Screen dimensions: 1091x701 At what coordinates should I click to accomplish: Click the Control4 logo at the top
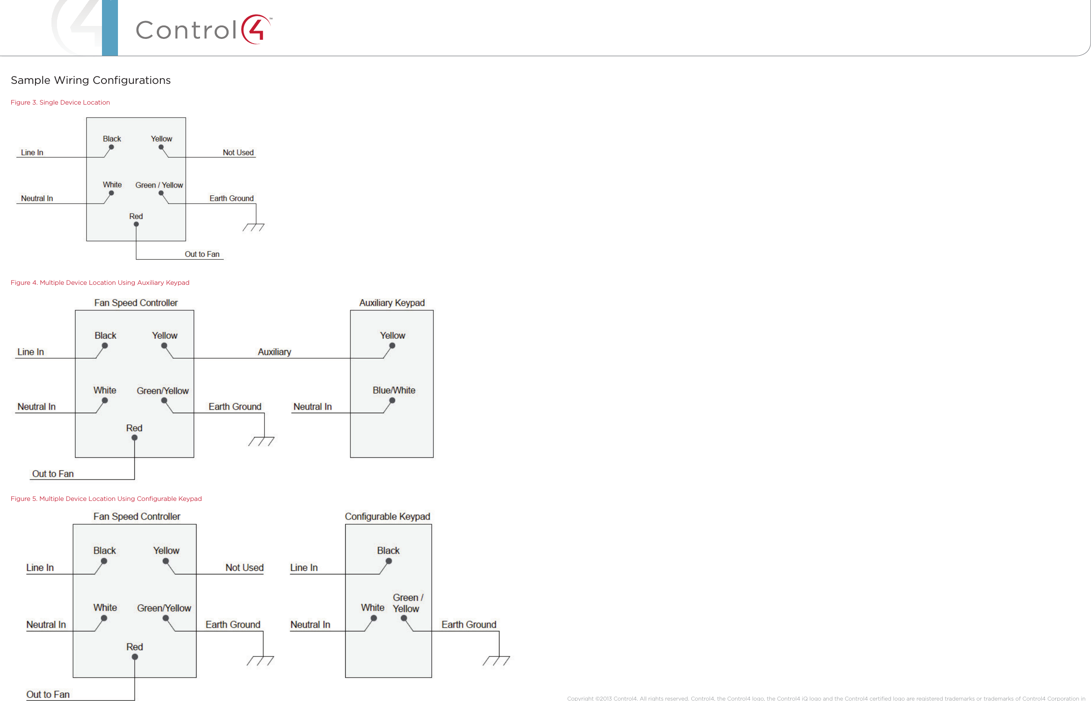click(x=203, y=29)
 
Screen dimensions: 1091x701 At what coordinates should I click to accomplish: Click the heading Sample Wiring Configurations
click(x=91, y=80)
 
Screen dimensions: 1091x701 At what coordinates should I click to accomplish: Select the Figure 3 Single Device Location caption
click(x=60, y=102)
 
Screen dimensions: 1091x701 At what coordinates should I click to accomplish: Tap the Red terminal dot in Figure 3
click(x=136, y=224)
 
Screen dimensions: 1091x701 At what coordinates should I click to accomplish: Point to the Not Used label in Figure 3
click(x=238, y=153)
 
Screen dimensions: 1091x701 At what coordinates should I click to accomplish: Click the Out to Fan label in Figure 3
click(x=202, y=254)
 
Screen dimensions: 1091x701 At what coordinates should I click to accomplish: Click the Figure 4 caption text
click(x=100, y=283)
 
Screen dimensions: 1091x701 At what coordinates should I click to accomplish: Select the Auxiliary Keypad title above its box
click(x=392, y=303)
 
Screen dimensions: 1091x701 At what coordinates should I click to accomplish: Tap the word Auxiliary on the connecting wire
click(x=274, y=352)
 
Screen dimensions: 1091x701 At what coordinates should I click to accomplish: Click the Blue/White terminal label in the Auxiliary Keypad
click(x=394, y=390)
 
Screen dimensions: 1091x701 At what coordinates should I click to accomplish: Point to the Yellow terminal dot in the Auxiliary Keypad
click(x=392, y=346)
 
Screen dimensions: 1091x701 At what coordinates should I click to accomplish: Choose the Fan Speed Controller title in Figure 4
click(x=136, y=303)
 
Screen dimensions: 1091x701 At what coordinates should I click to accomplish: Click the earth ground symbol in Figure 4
click(x=261, y=441)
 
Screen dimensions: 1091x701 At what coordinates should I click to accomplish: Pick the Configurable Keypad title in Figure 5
click(x=387, y=516)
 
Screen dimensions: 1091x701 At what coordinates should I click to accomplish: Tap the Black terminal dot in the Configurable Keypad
click(x=388, y=561)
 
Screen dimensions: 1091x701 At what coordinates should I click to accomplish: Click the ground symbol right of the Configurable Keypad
click(x=496, y=660)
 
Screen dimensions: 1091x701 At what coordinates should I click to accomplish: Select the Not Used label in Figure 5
click(x=244, y=567)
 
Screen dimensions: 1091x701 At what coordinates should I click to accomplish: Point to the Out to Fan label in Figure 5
click(x=48, y=694)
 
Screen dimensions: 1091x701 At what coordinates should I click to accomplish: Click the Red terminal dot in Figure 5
click(x=135, y=657)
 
